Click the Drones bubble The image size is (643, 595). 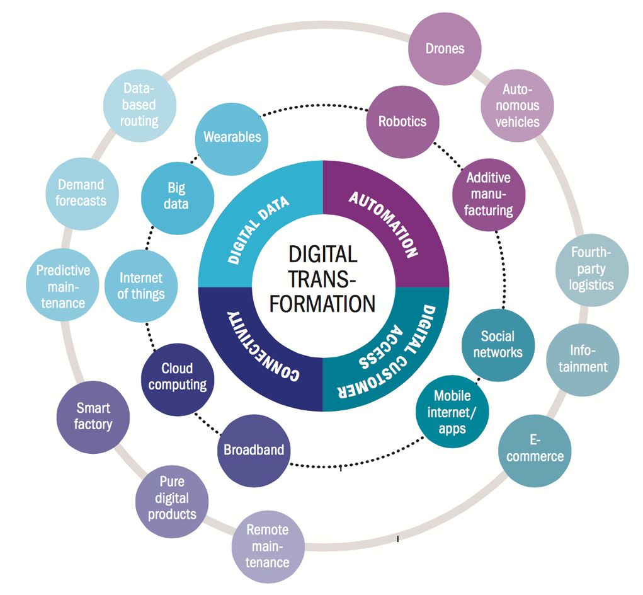click(x=445, y=49)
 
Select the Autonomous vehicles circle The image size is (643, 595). click(x=517, y=105)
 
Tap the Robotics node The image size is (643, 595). click(x=402, y=122)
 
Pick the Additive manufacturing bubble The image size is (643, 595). click(x=488, y=194)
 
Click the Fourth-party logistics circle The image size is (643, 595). click(x=591, y=269)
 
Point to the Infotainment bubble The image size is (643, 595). click(x=583, y=359)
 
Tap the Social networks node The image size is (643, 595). click(x=498, y=345)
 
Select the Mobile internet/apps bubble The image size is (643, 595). click(x=452, y=412)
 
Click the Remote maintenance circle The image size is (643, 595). click(x=268, y=546)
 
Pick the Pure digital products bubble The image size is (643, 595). click(x=172, y=499)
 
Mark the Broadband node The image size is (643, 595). click(x=254, y=451)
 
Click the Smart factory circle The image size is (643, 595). click(x=93, y=417)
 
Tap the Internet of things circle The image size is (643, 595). click(x=141, y=286)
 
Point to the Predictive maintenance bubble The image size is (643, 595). click(x=63, y=287)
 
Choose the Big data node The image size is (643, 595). click(x=177, y=196)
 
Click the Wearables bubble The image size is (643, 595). click(x=232, y=137)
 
